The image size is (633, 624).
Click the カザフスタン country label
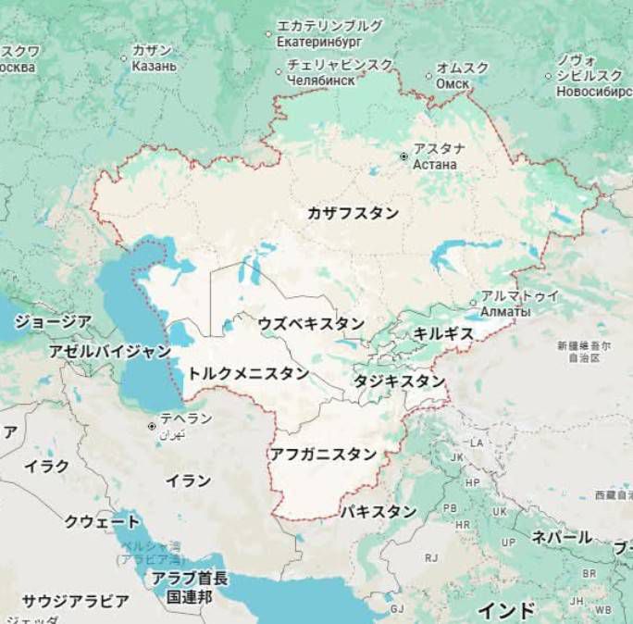(x=354, y=213)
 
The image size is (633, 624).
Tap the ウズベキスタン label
(x=311, y=323)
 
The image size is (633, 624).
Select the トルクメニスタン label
(x=248, y=373)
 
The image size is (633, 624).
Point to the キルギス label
(x=443, y=333)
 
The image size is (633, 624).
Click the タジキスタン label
(x=399, y=381)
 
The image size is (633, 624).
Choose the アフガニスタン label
(x=323, y=454)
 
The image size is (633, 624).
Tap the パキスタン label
(x=378, y=511)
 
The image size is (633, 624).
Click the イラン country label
(x=188, y=480)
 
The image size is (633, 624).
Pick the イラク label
(x=46, y=466)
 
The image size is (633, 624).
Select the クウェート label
(x=102, y=522)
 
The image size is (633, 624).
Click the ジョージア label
(x=53, y=321)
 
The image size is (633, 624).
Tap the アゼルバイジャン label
(x=109, y=352)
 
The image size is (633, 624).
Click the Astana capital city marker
(x=403, y=156)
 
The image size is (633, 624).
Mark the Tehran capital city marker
(x=152, y=426)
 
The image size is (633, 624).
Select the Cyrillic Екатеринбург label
(x=317, y=42)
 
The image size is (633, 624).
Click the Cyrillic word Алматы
(x=505, y=312)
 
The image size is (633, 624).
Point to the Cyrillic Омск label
(x=453, y=82)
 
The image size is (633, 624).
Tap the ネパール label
(x=561, y=537)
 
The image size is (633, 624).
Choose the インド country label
(x=506, y=610)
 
